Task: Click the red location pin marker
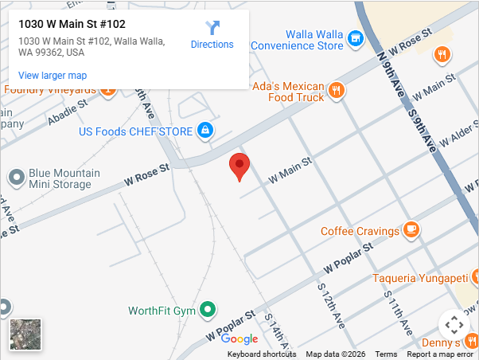coord(240,166)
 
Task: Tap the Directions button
coord(212,36)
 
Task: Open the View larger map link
coord(53,76)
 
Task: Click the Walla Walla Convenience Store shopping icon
coord(356,37)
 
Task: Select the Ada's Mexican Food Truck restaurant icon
coord(337,90)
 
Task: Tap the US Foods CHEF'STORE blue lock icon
coord(205,130)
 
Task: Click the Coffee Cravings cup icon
coord(411,231)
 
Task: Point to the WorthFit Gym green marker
coord(208,309)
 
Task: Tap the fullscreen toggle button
coord(454,324)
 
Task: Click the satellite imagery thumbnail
coord(25,335)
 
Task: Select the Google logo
coord(240,339)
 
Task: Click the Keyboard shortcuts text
coord(262,354)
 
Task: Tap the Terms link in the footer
coord(386,354)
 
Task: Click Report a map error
coord(440,354)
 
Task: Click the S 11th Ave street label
coord(397,307)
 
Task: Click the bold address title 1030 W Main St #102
coord(72,25)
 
